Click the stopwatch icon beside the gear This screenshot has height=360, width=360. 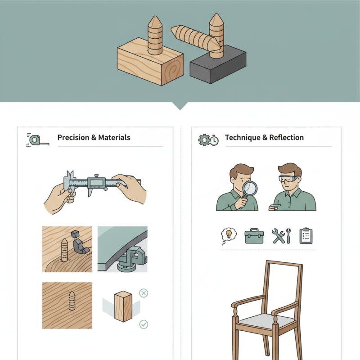pos(214,140)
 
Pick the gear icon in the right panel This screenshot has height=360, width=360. pos(204,140)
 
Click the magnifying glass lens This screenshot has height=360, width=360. pos(250,188)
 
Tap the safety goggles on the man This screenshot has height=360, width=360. pos(289,179)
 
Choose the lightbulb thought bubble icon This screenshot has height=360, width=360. pos(229,236)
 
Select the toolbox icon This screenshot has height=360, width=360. pos(254,236)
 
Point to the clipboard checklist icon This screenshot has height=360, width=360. pos(306,235)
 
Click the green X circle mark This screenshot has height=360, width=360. pos(144,293)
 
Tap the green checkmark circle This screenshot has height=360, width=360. pos(144,324)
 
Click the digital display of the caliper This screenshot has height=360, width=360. pos(96,183)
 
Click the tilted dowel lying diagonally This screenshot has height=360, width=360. pos(195,38)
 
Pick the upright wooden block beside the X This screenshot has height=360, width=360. pos(123,306)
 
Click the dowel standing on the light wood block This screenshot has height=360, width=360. pos(155,36)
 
